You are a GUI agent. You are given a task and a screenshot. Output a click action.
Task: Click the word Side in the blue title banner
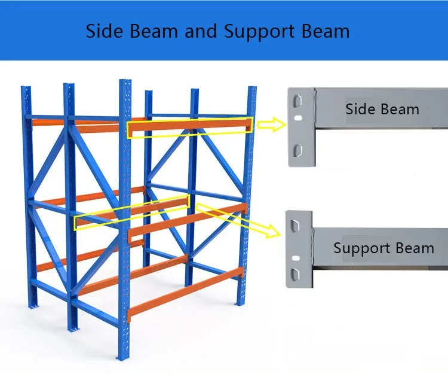104,31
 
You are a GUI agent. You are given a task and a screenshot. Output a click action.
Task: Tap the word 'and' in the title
201,31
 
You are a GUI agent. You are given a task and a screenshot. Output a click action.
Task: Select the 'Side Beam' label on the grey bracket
382,109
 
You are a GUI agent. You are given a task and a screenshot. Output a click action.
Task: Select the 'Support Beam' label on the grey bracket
383,247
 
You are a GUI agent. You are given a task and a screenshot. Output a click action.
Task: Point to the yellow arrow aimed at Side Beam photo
269,124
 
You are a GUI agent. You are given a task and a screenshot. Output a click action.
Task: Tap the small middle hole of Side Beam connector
297,124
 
